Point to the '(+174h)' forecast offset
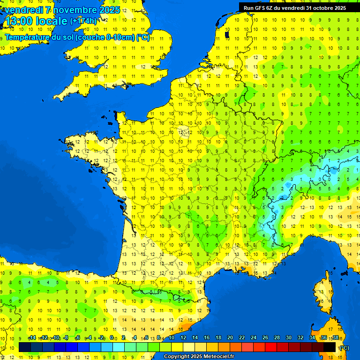83,21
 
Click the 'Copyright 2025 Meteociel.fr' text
199,357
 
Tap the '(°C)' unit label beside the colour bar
344,347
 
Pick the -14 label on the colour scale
32,337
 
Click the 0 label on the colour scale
112,337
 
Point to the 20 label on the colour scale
230,337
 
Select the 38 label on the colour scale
335,337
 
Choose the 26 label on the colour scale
265,337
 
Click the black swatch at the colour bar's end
330,347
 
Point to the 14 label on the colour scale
195,337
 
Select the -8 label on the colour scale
66,337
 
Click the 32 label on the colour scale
300,337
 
